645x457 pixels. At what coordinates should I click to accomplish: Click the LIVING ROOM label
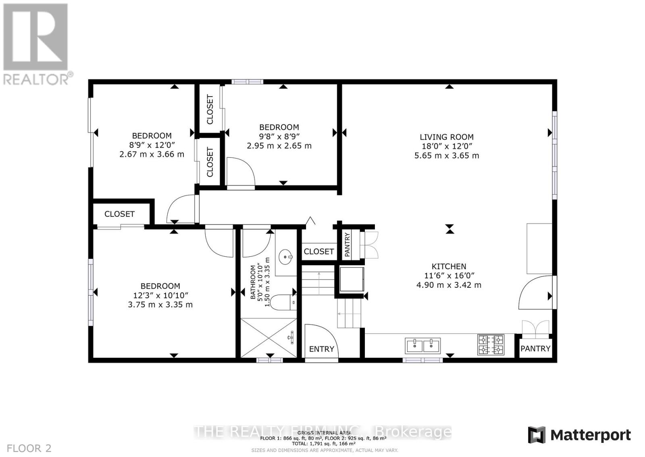point(447,137)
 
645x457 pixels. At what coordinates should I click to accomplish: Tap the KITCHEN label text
point(449,266)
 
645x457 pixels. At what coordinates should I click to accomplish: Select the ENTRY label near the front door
point(321,349)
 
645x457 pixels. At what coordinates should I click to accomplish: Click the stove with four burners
point(491,344)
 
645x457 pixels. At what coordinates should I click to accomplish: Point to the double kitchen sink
point(422,346)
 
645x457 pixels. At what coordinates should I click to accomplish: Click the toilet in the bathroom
point(283,302)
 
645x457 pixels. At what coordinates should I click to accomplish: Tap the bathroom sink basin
point(286,256)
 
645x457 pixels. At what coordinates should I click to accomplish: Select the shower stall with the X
point(268,338)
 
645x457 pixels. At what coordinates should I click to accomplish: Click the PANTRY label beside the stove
point(535,348)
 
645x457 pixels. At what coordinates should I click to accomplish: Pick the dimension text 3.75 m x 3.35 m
point(160,304)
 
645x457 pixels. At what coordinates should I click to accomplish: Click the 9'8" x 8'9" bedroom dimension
point(279,136)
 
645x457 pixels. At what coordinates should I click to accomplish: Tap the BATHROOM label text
point(253,282)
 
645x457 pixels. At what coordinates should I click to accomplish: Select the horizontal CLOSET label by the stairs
point(318,252)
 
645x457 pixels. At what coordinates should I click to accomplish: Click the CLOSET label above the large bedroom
point(119,214)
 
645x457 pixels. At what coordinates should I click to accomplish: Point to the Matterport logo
point(579,435)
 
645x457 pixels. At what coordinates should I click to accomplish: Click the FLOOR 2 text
point(29,448)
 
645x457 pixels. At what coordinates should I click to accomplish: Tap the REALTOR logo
point(37,44)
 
